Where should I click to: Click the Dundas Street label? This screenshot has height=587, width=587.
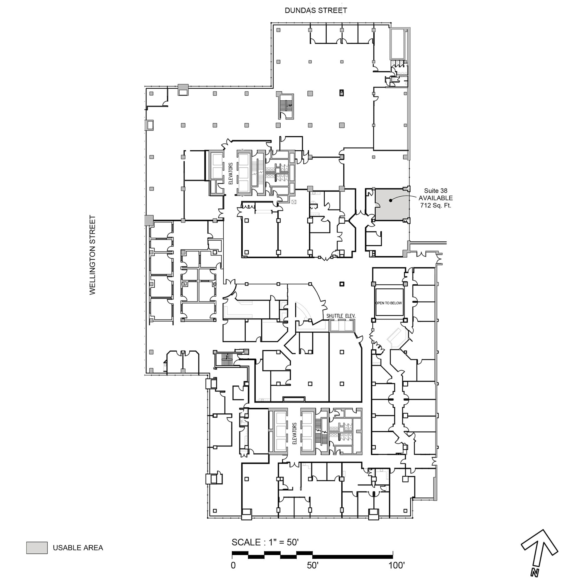(316, 10)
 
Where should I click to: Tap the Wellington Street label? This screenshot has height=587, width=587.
(92, 255)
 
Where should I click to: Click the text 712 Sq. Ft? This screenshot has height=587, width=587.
(435, 205)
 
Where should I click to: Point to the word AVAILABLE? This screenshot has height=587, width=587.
(435, 198)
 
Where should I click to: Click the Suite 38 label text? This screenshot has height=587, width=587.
(435, 191)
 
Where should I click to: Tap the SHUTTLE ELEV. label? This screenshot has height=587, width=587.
(340, 316)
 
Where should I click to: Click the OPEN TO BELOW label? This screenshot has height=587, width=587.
(389, 303)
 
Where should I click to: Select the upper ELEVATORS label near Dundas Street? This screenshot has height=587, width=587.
(230, 173)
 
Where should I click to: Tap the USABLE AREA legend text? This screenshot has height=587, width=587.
(78, 548)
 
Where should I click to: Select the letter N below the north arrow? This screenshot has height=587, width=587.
(535, 572)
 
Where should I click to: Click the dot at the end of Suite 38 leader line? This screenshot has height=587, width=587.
(391, 200)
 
